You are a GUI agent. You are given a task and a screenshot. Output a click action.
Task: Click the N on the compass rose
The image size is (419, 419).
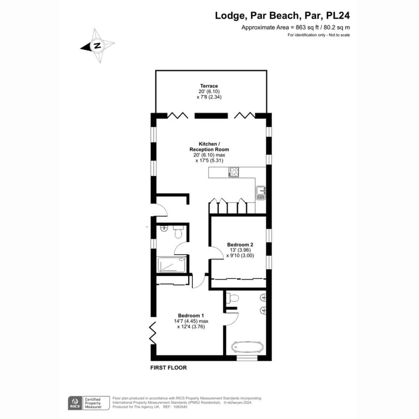pos(97,45)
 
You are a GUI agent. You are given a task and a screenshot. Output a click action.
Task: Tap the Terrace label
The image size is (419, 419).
pos(209,86)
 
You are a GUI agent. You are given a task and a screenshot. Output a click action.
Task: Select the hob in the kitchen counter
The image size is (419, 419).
pos(234,172)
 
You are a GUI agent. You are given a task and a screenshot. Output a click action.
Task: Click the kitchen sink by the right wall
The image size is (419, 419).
pos(261,193)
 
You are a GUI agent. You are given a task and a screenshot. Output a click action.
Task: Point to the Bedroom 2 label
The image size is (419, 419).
pos(240,245)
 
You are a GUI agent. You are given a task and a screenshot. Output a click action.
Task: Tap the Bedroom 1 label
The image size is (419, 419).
pos(191,315)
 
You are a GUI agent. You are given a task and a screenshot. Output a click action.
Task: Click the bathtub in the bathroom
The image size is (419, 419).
pos(248,347)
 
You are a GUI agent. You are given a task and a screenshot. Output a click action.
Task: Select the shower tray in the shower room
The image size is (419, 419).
pos(172,265)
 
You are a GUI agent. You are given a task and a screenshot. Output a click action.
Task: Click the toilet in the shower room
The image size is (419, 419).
pos(178,232)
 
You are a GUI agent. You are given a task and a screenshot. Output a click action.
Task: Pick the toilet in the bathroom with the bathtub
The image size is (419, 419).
pos(232,298)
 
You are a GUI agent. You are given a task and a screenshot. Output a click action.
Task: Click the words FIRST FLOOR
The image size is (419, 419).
pos(168,368)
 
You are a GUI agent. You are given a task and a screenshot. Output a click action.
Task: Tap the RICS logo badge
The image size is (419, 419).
pos(75,403)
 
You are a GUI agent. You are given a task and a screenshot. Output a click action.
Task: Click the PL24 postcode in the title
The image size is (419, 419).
pos(338,16)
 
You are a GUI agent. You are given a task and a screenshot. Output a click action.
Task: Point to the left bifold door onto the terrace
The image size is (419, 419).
pos(178,115)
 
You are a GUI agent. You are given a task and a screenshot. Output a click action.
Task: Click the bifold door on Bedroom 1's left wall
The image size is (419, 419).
pos(153,333)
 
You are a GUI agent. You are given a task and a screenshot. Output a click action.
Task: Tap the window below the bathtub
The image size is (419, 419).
pos(247,358)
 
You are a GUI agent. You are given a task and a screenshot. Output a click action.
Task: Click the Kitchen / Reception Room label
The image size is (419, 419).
pos(209,147)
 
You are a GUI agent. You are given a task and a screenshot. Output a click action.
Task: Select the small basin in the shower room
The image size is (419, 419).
pos(164,228)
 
